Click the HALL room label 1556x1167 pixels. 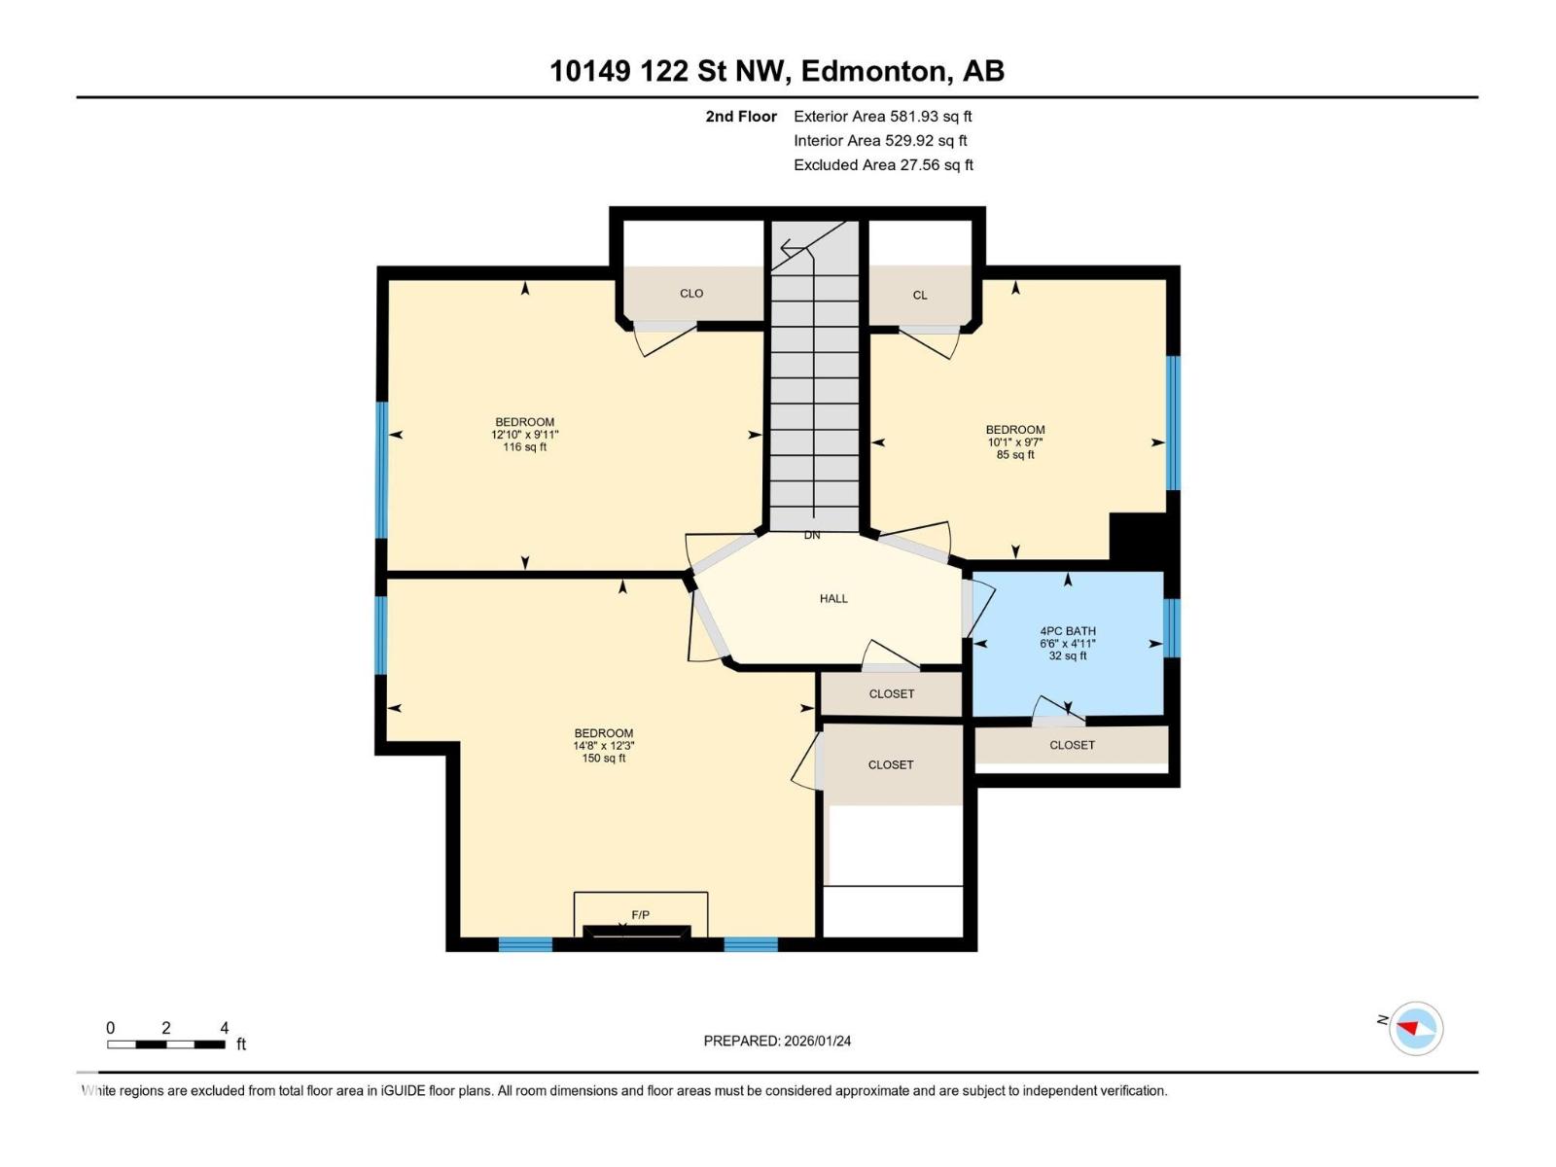pyautogui.click(x=833, y=599)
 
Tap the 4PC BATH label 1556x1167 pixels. pyautogui.click(x=1067, y=631)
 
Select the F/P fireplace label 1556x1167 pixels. pyautogui.click(x=640, y=915)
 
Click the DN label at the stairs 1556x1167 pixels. pyautogui.click(x=812, y=536)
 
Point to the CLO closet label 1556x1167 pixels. pyautogui.click(x=691, y=294)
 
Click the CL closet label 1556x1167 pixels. pyautogui.click(x=920, y=296)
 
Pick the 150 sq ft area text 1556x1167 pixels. pyautogui.click(x=603, y=759)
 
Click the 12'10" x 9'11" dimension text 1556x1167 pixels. pyautogui.click(x=524, y=435)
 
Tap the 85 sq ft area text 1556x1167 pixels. pyautogui.click(x=1015, y=455)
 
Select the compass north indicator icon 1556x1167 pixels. pyautogui.click(x=1415, y=1029)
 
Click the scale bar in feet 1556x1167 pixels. pyautogui.click(x=166, y=1044)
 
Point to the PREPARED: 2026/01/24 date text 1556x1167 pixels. pyautogui.click(x=777, y=1041)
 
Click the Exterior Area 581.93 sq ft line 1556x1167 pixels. pyautogui.click(x=882, y=117)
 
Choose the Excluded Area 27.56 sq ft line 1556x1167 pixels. pyautogui.click(x=883, y=165)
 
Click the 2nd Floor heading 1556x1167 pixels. pyautogui.click(x=741, y=117)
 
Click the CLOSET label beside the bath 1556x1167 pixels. pyautogui.click(x=1072, y=745)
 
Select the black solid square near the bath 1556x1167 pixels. pyautogui.click(x=1138, y=537)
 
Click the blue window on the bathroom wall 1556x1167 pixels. pyautogui.click(x=1172, y=628)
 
